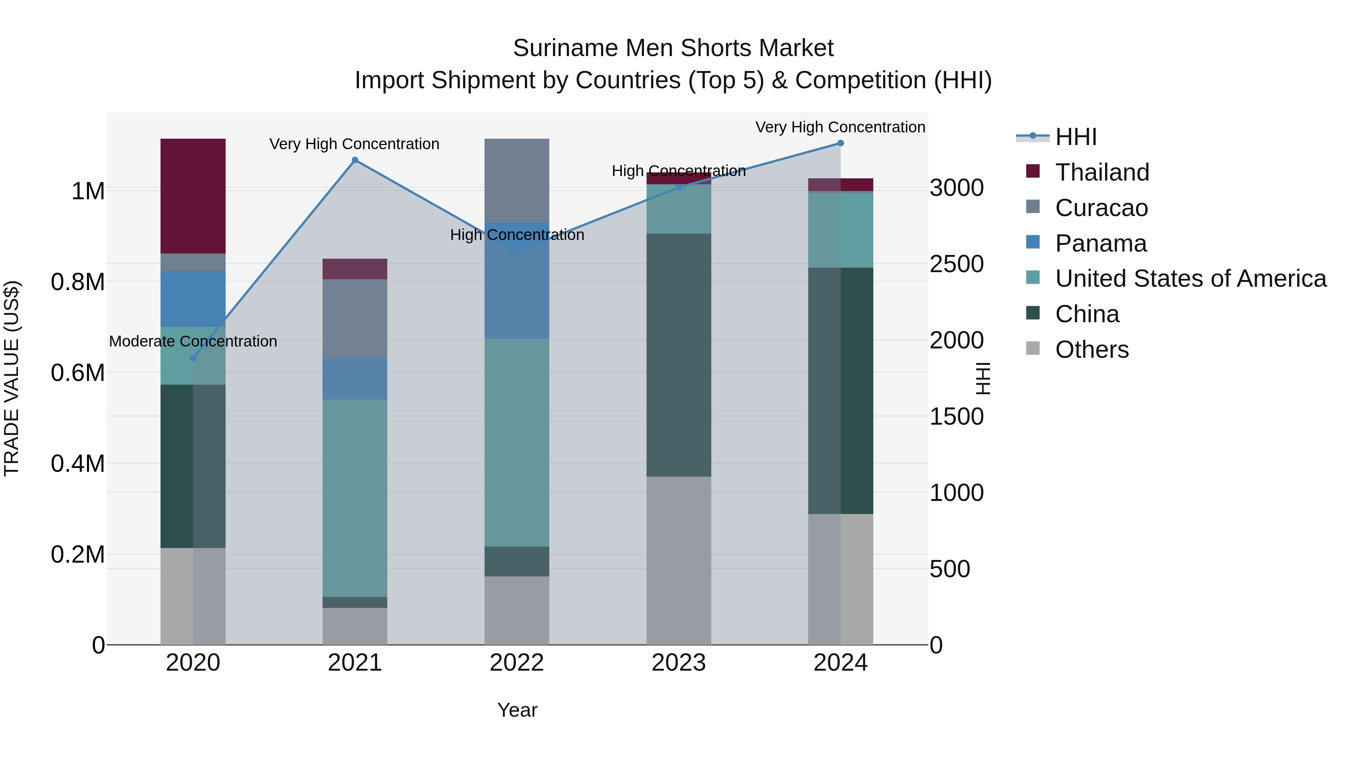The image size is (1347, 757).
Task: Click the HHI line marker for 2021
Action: pyautogui.click(x=355, y=160)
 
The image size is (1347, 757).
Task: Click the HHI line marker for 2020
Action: pyautogui.click(x=193, y=358)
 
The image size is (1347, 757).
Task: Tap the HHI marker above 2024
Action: pyautogui.click(x=840, y=143)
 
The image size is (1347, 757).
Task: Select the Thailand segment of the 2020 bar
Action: pyautogui.click(x=193, y=196)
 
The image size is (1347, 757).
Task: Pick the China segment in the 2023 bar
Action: pyautogui.click(x=679, y=355)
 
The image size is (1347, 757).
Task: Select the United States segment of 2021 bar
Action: pyautogui.click(x=355, y=498)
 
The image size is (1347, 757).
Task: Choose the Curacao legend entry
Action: pyautogui.click(x=1101, y=208)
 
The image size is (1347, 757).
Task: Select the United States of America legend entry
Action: pyautogui.click(x=1190, y=279)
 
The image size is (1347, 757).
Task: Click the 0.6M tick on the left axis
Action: pyautogui.click(x=78, y=373)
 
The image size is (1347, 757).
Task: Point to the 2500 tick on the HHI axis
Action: pyautogui.click(x=956, y=264)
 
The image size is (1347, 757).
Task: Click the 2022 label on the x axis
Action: pyautogui.click(x=517, y=663)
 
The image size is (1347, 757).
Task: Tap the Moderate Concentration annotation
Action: pyautogui.click(x=193, y=341)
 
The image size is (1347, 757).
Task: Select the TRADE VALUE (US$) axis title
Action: pyautogui.click(x=12, y=378)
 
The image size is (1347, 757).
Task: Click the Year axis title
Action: pyautogui.click(x=517, y=710)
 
